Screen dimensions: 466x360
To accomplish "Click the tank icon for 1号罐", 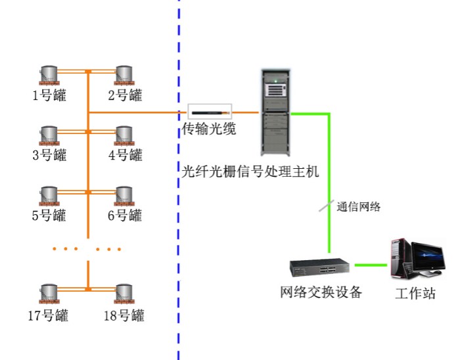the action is [49, 76].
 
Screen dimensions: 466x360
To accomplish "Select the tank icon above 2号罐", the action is [124, 76].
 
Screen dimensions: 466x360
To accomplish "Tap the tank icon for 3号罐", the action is [49, 136].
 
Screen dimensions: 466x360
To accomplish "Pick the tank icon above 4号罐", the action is [124, 136].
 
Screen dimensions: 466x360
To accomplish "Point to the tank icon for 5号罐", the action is [49, 196].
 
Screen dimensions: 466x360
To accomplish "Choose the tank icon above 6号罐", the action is [124, 196].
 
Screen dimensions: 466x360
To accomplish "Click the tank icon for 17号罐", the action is [49, 294].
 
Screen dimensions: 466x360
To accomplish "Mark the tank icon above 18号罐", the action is [124, 294].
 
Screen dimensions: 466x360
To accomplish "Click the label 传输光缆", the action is [209, 129].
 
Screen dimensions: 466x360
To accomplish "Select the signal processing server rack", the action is [275, 112].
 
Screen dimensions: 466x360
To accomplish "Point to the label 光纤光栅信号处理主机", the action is [250, 171].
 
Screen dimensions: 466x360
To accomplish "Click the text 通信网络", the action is [358, 207].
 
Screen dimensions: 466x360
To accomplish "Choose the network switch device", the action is [319, 267].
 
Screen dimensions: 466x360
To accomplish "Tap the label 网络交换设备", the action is [321, 292].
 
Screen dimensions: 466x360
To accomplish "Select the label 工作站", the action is [415, 293].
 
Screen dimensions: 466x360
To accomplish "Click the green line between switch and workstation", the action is [371, 265].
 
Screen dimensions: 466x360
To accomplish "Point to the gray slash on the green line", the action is [326, 206].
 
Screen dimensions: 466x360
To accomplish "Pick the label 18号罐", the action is [124, 315].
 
